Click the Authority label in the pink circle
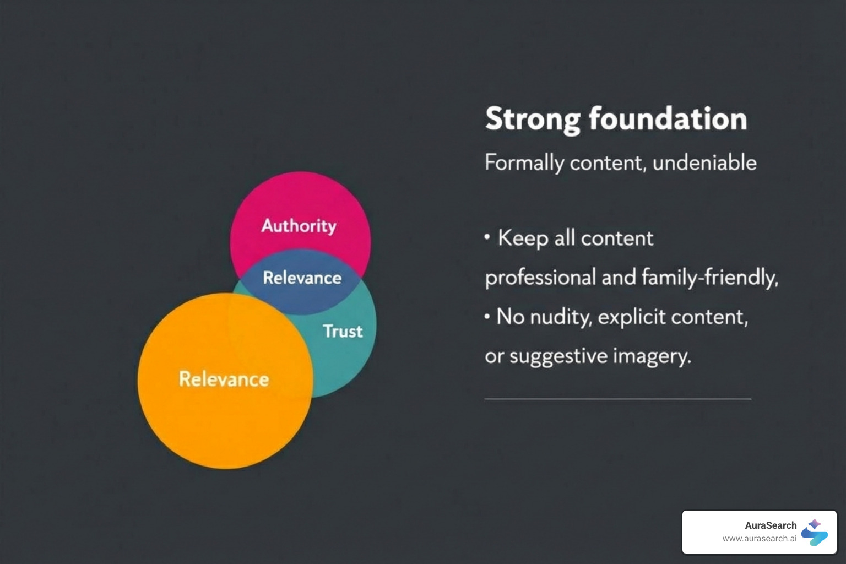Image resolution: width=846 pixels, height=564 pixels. click(x=299, y=225)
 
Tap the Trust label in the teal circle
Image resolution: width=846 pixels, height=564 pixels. click(x=343, y=331)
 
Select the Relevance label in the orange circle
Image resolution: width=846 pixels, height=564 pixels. click(x=224, y=379)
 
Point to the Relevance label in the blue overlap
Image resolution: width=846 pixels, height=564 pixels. click(x=302, y=278)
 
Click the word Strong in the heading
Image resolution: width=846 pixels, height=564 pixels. click(x=533, y=119)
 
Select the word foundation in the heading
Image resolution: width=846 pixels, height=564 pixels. click(x=668, y=119)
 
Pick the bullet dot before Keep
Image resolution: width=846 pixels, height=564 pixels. click(x=487, y=237)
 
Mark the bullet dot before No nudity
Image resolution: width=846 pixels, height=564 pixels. click(x=487, y=317)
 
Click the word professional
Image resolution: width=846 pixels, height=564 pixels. click(x=540, y=277)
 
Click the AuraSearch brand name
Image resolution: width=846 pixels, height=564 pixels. click(x=771, y=525)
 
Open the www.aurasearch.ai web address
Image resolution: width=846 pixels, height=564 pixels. click(x=759, y=539)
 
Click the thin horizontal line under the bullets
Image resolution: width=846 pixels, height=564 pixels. click(x=617, y=398)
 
